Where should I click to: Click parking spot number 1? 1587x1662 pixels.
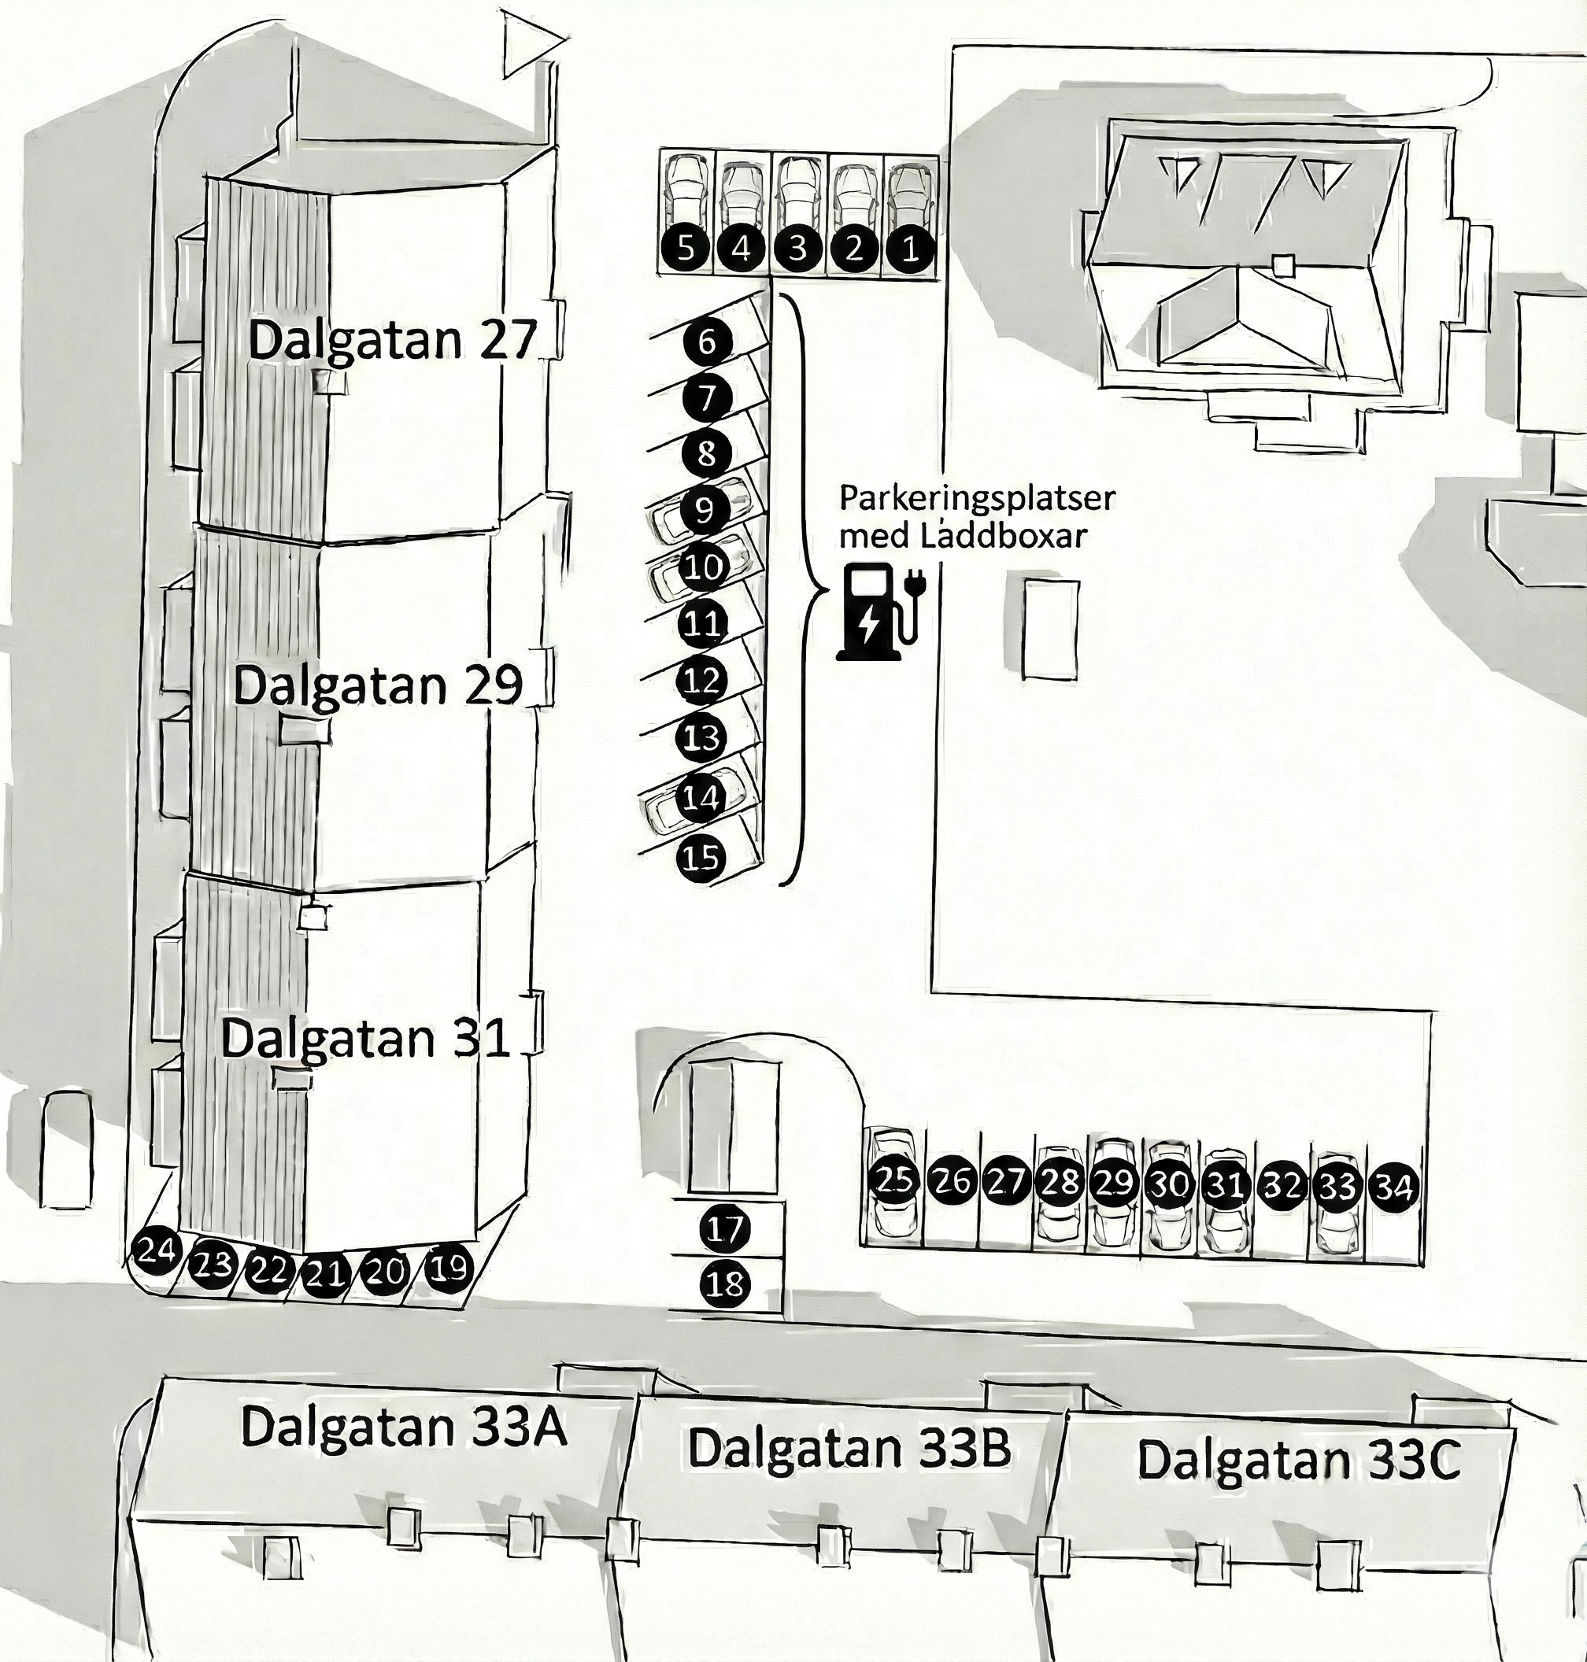(x=910, y=249)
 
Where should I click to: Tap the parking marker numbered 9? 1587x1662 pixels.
(x=704, y=510)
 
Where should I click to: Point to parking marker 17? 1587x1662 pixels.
(x=724, y=1228)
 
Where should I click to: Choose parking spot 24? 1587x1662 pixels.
(x=156, y=1250)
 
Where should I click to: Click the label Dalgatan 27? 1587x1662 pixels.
(x=393, y=340)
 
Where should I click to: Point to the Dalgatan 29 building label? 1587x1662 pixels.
(x=377, y=685)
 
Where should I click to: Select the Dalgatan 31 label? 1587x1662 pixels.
(x=365, y=1038)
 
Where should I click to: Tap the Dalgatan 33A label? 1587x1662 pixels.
(x=403, y=1426)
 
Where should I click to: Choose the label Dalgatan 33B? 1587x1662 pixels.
(x=849, y=1447)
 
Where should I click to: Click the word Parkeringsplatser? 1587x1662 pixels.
(x=976, y=498)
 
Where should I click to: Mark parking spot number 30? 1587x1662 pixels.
(x=1169, y=1184)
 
